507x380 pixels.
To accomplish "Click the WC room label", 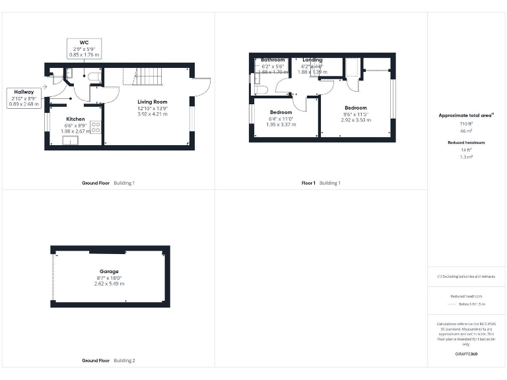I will click(84, 42).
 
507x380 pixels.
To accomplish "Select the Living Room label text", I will click(152, 102).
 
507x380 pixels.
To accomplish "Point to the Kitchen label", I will click(75, 119).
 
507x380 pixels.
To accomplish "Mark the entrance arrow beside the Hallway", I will click(44, 86).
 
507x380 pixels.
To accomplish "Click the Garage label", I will click(109, 271).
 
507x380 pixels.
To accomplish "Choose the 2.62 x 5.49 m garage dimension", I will click(109, 283).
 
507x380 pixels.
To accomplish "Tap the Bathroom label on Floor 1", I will click(273, 60).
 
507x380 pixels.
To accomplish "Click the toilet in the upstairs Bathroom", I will click(261, 89).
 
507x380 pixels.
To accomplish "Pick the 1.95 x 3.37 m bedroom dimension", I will click(281, 124).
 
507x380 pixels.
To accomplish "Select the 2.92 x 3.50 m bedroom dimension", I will click(355, 119).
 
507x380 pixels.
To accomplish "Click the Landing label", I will click(312, 60).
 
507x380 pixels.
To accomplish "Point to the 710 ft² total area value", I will click(466, 123).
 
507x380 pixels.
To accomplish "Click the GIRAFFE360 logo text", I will click(466, 354).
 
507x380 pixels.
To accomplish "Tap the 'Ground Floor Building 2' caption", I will click(108, 361).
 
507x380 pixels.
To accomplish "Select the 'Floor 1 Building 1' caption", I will click(321, 183).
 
